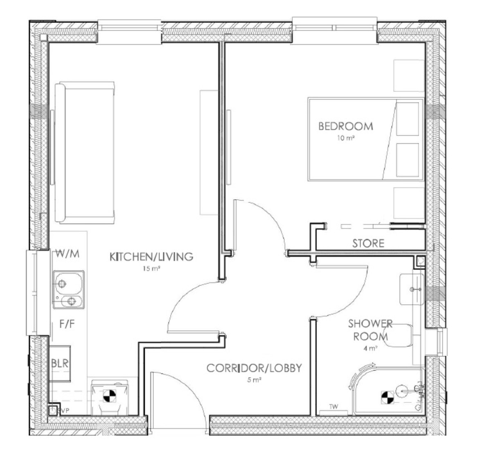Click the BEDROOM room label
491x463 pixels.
(x=346, y=126)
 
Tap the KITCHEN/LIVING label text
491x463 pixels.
(x=151, y=257)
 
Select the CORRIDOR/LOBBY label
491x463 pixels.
(x=254, y=368)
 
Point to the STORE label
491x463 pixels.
(x=368, y=243)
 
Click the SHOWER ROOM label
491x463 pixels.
(x=370, y=330)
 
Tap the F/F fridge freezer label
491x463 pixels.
(x=67, y=325)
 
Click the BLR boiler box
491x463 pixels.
(x=60, y=363)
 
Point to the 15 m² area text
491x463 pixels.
(x=151, y=269)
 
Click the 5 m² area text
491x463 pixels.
(x=254, y=380)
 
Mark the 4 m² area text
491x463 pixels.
(x=371, y=349)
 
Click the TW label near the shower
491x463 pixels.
(x=334, y=407)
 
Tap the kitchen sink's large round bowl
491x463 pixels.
(x=62, y=283)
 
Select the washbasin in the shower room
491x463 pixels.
(x=411, y=289)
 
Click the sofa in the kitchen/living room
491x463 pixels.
(x=84, y=152)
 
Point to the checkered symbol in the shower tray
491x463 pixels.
(x=387, y=396)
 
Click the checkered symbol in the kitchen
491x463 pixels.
(x=109, y=396)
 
